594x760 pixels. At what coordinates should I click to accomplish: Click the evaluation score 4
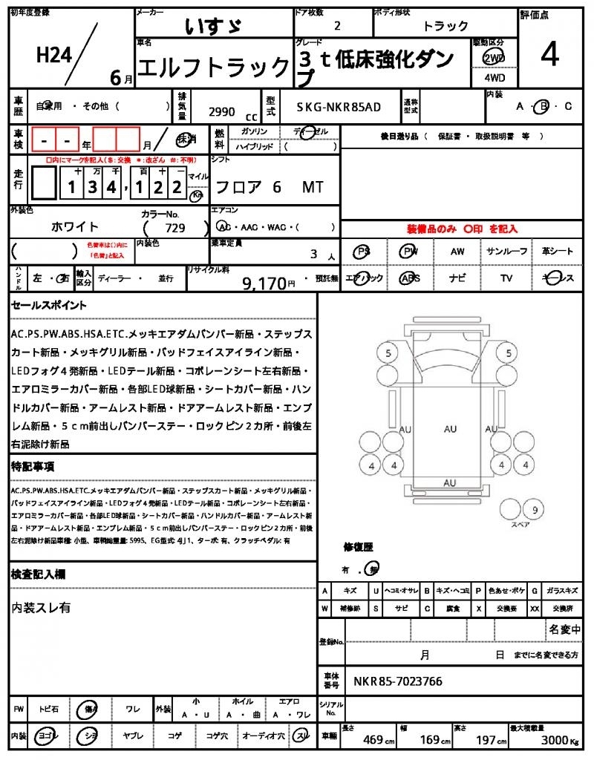click(549, 56)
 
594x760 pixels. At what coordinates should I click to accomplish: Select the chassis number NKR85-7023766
click(397, 681)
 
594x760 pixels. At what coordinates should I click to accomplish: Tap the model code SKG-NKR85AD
click(339, 107)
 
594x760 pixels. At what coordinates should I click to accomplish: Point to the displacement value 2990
click(222, 112)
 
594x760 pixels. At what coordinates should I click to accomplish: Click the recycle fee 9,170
click(264, 283)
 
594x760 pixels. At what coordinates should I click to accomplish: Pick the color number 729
click(175, 228)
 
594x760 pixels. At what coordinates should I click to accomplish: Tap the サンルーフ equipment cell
click(507, 252)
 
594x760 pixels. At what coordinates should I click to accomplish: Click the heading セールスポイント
click(49, 305)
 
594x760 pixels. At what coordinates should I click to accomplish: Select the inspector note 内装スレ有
click(41, 607)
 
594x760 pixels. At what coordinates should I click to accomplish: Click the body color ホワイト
click(75, 226)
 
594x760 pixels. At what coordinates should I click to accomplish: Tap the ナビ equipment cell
click(457, 278)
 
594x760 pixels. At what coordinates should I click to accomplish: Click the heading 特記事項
click(33, 467)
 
